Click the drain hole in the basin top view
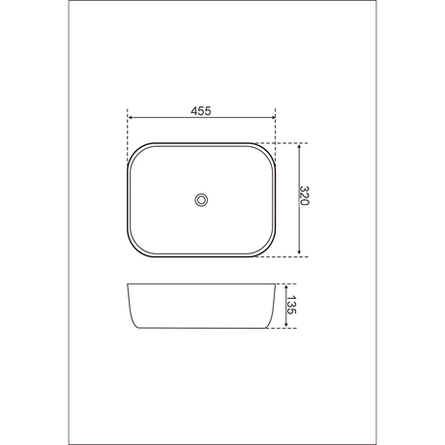pyautogui.click(x=201, y=199)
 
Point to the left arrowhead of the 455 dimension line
pyautogui.click(x=130, y=120)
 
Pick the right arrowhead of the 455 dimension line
pyautogui.click(x=274, y=120)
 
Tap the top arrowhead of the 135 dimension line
pyautogui.click(x=283, y=286)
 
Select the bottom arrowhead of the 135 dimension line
pyautogui.click(x=283, y=328)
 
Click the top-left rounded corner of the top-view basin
pyautogui.click(x=136, y=150)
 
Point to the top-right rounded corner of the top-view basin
pyautogui.click(x=268, y=150)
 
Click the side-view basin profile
pyautogui.click(x=201, y=308)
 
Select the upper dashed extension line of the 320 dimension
pyautogui.click(x=286, y=142)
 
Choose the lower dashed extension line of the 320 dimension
pyautogui.click(x=286, y=257)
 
